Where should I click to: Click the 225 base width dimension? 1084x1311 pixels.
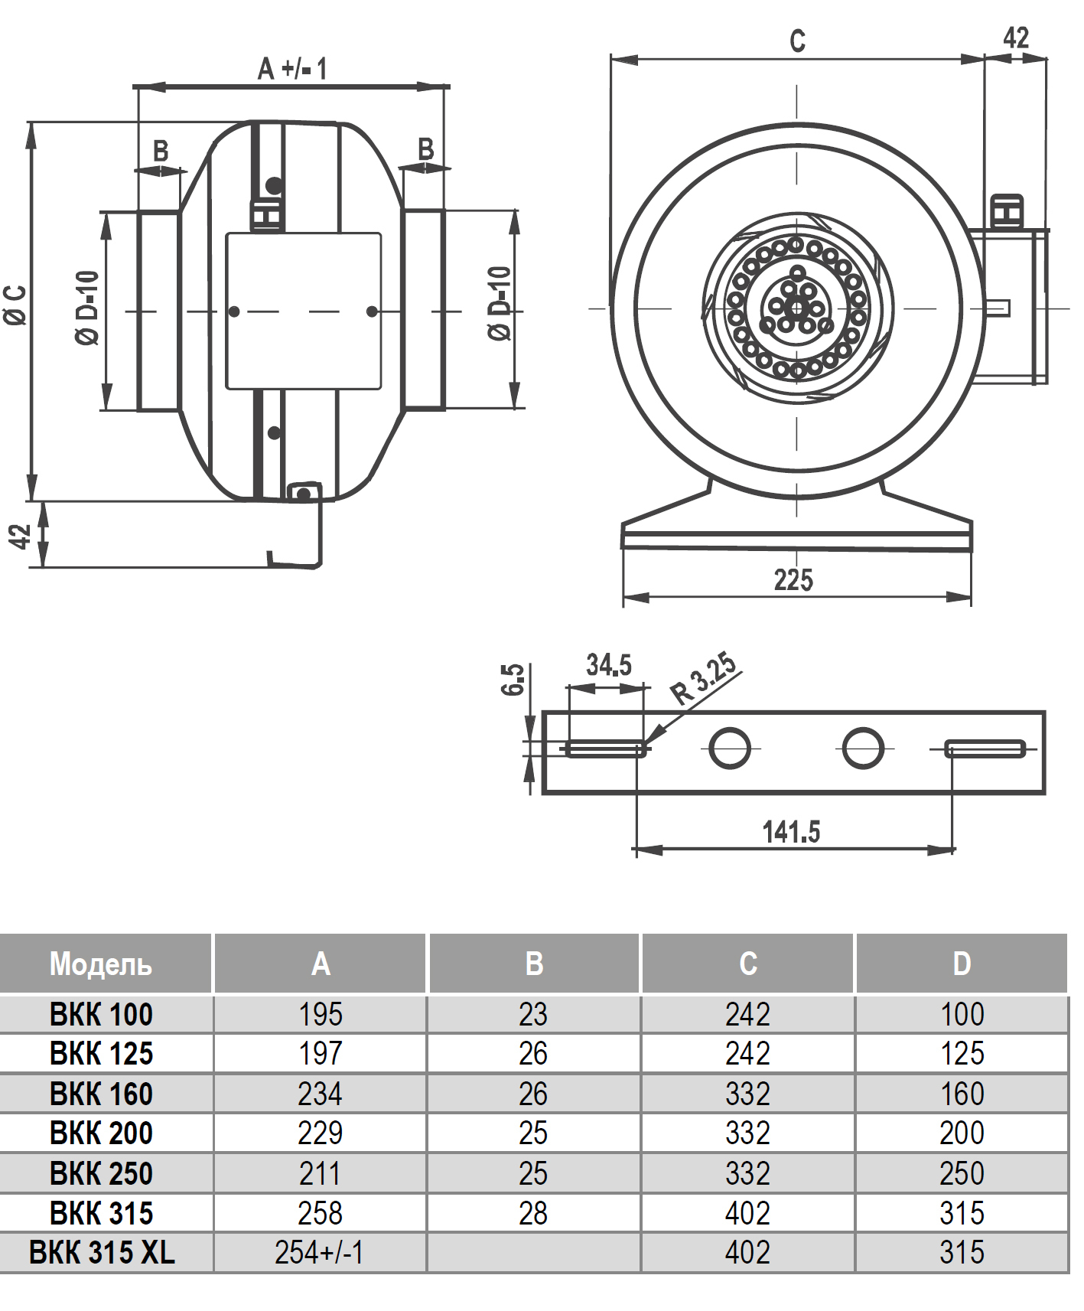point(793,580)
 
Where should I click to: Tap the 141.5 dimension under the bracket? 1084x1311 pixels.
point(791,832)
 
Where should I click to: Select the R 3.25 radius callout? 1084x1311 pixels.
point(705,678)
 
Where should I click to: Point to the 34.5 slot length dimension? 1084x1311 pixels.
point(609,665)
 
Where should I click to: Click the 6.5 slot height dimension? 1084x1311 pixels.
point(513,679)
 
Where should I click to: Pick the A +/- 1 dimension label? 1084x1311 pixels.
point(292,69)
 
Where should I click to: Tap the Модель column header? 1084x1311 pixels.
point(101,964)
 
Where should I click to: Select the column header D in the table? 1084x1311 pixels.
point(962,964)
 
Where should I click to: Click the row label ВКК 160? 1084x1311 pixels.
point(101,1094)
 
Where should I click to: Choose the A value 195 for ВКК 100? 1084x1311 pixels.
point(321,1014)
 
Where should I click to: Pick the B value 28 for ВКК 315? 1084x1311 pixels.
point(533,1213)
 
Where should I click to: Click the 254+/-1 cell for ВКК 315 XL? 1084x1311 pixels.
point(319,1252)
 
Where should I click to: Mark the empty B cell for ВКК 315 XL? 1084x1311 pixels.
point(534,1253)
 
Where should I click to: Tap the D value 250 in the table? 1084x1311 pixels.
point(962,1173)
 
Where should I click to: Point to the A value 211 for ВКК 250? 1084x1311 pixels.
point(320,1173)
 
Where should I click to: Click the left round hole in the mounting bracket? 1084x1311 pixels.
point(730,748)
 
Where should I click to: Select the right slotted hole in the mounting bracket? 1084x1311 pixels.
point(985,748)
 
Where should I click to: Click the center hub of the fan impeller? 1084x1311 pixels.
point(796,308)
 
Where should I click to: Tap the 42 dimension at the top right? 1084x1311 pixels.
point(1016,38)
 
